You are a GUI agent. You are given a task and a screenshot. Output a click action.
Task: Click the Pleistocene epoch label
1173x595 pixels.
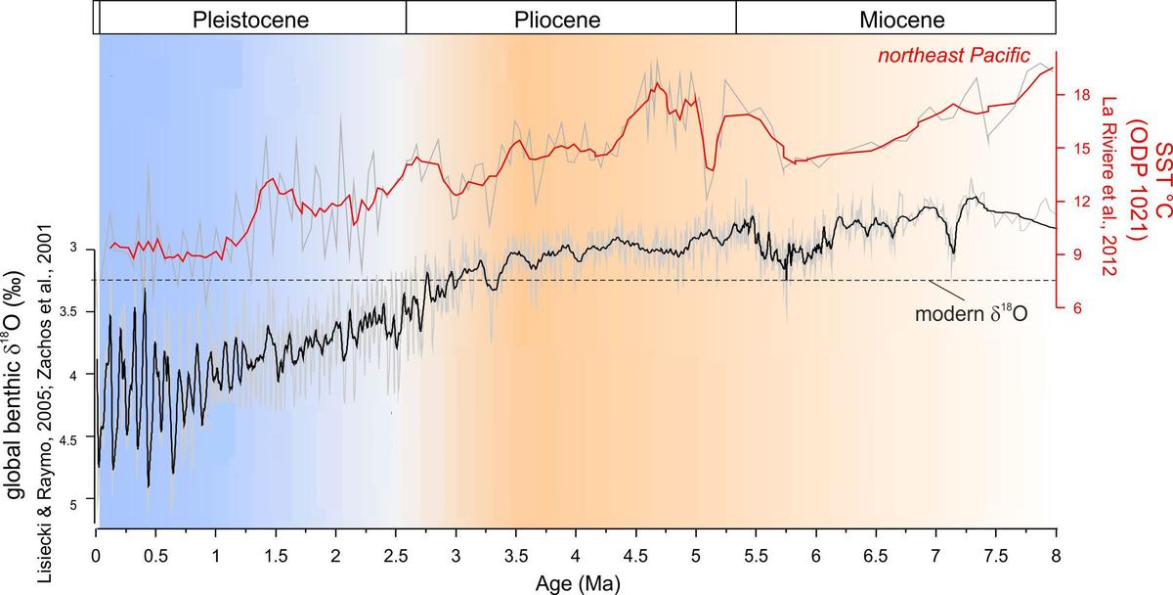[251, 19]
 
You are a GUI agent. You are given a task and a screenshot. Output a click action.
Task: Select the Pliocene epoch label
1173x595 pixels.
[557, 19]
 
